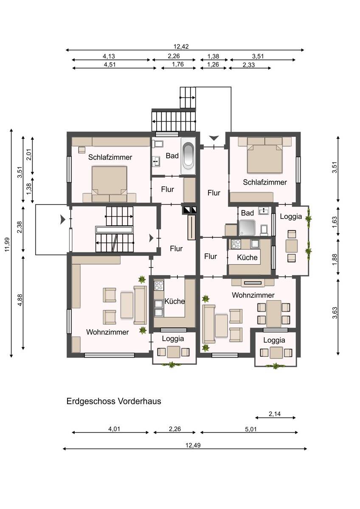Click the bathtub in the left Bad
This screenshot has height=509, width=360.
[188, 156]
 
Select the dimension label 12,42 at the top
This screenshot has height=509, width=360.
[181, 47]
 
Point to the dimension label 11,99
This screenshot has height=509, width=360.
[7, 244]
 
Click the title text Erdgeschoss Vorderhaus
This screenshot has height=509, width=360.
[114, 401]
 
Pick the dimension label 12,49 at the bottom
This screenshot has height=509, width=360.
[193, 445]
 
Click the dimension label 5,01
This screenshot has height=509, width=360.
[251, 429]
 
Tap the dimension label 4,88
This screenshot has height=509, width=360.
[20, 300]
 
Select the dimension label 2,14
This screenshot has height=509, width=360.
[275, 414]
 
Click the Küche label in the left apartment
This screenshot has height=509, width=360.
[174, 301]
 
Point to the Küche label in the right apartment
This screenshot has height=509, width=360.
[247, 257]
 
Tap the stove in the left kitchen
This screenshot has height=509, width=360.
[159, 285]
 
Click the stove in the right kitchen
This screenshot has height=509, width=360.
[236, 244]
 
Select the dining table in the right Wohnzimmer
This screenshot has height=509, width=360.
[274, 313]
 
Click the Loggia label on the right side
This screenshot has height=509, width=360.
[291, 216]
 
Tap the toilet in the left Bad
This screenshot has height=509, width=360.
[158, 144]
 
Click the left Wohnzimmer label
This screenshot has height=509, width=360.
[107, 332]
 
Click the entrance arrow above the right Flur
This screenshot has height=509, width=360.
[214, 138]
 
